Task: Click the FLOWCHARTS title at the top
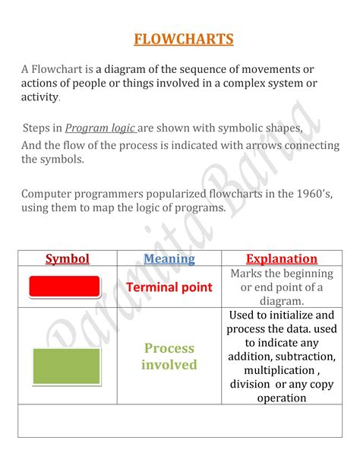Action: tap(183, 39)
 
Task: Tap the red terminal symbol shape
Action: tap(65, 287)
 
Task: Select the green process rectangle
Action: tap(66, 366)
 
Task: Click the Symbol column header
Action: tap(68, 258)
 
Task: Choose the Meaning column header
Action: tap(169, 258)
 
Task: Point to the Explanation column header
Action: tap(281, 258)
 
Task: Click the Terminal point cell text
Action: tap(169, 287)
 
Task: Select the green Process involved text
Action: tap(169, 357)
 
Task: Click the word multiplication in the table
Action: tap(277, 370)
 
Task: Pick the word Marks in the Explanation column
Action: tap(248, 273)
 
